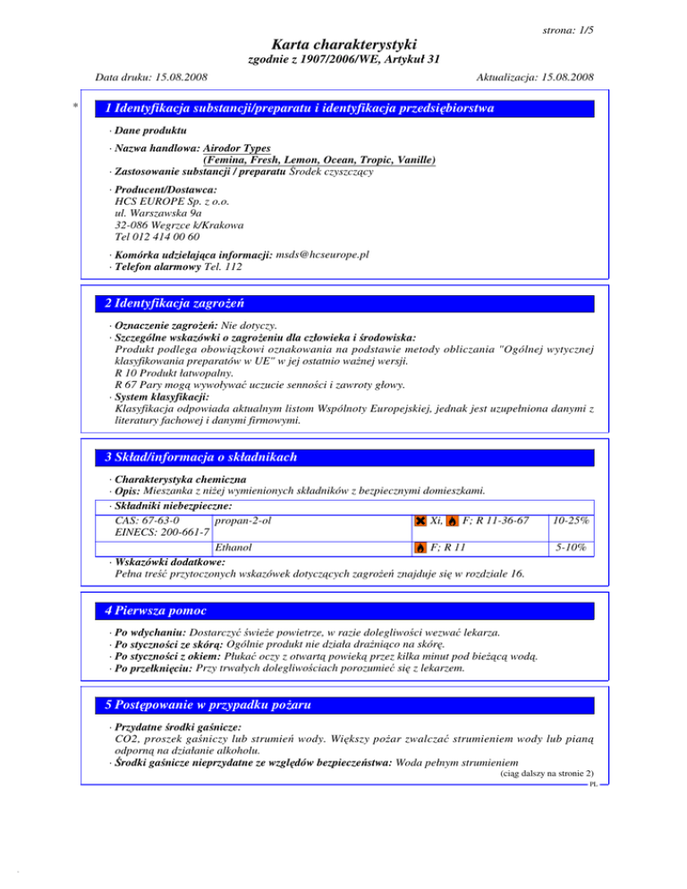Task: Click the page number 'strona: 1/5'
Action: tap(569, 30)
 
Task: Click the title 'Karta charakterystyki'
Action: tap(343, 44)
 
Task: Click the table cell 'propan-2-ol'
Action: tap(239, 521)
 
